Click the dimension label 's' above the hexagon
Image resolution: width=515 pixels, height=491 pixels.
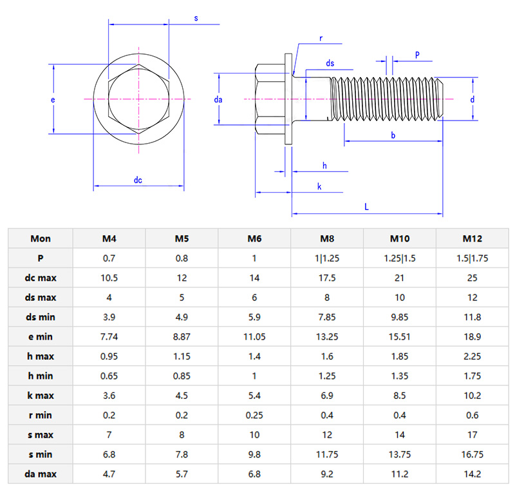tap(196, 18)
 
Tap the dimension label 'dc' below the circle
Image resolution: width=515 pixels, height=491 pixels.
tap(138, 180)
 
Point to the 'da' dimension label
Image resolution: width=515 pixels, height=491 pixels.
tap(218, 100)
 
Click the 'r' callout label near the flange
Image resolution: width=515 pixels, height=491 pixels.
tap(320, 39)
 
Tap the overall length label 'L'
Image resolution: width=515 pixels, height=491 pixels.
tap(366, 207)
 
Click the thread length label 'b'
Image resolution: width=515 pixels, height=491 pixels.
tap(393, 134)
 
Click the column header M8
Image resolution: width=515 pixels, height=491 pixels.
tap(327, 239)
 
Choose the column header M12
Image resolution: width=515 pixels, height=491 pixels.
tap(473, 239)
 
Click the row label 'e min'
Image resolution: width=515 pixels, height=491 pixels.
tap(41, 336)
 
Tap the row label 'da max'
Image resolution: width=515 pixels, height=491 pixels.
tap(41, 474)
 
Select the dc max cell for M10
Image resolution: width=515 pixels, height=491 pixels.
tap(400, 278)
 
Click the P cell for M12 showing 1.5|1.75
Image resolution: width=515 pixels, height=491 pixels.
tap(473, 258)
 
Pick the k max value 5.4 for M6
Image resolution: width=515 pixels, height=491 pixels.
tap(254, 395)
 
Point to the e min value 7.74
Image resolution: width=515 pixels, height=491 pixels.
tap(109, 336)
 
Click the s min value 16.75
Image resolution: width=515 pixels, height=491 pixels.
tap(473, 454)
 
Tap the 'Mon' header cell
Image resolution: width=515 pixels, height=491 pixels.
tap(41, 239)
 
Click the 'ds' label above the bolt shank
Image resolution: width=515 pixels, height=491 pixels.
tap(330, 63)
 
